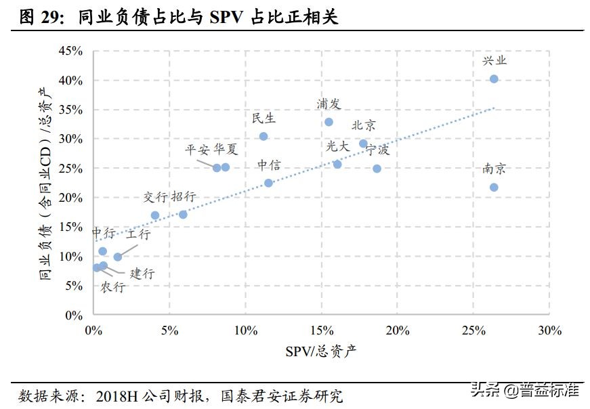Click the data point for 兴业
(x=494, y=79)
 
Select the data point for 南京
(x=494, y=187)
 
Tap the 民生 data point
(x=264, y=136)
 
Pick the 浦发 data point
(x=329, y=122)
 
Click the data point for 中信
(x=268, y=183)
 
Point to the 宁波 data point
(x=377, y=169)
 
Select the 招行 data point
(x=183, y=215)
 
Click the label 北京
(x=364, y=125)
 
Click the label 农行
(x=113, y=287)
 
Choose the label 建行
(x=142, y=274)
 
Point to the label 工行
(x=138, y=234)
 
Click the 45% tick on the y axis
(x=70, y=51)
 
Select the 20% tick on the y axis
(x=70, y=198)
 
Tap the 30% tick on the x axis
(x=549, y=330)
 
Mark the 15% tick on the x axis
(x=321, y=330)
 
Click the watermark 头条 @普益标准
(x=524, y=390)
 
